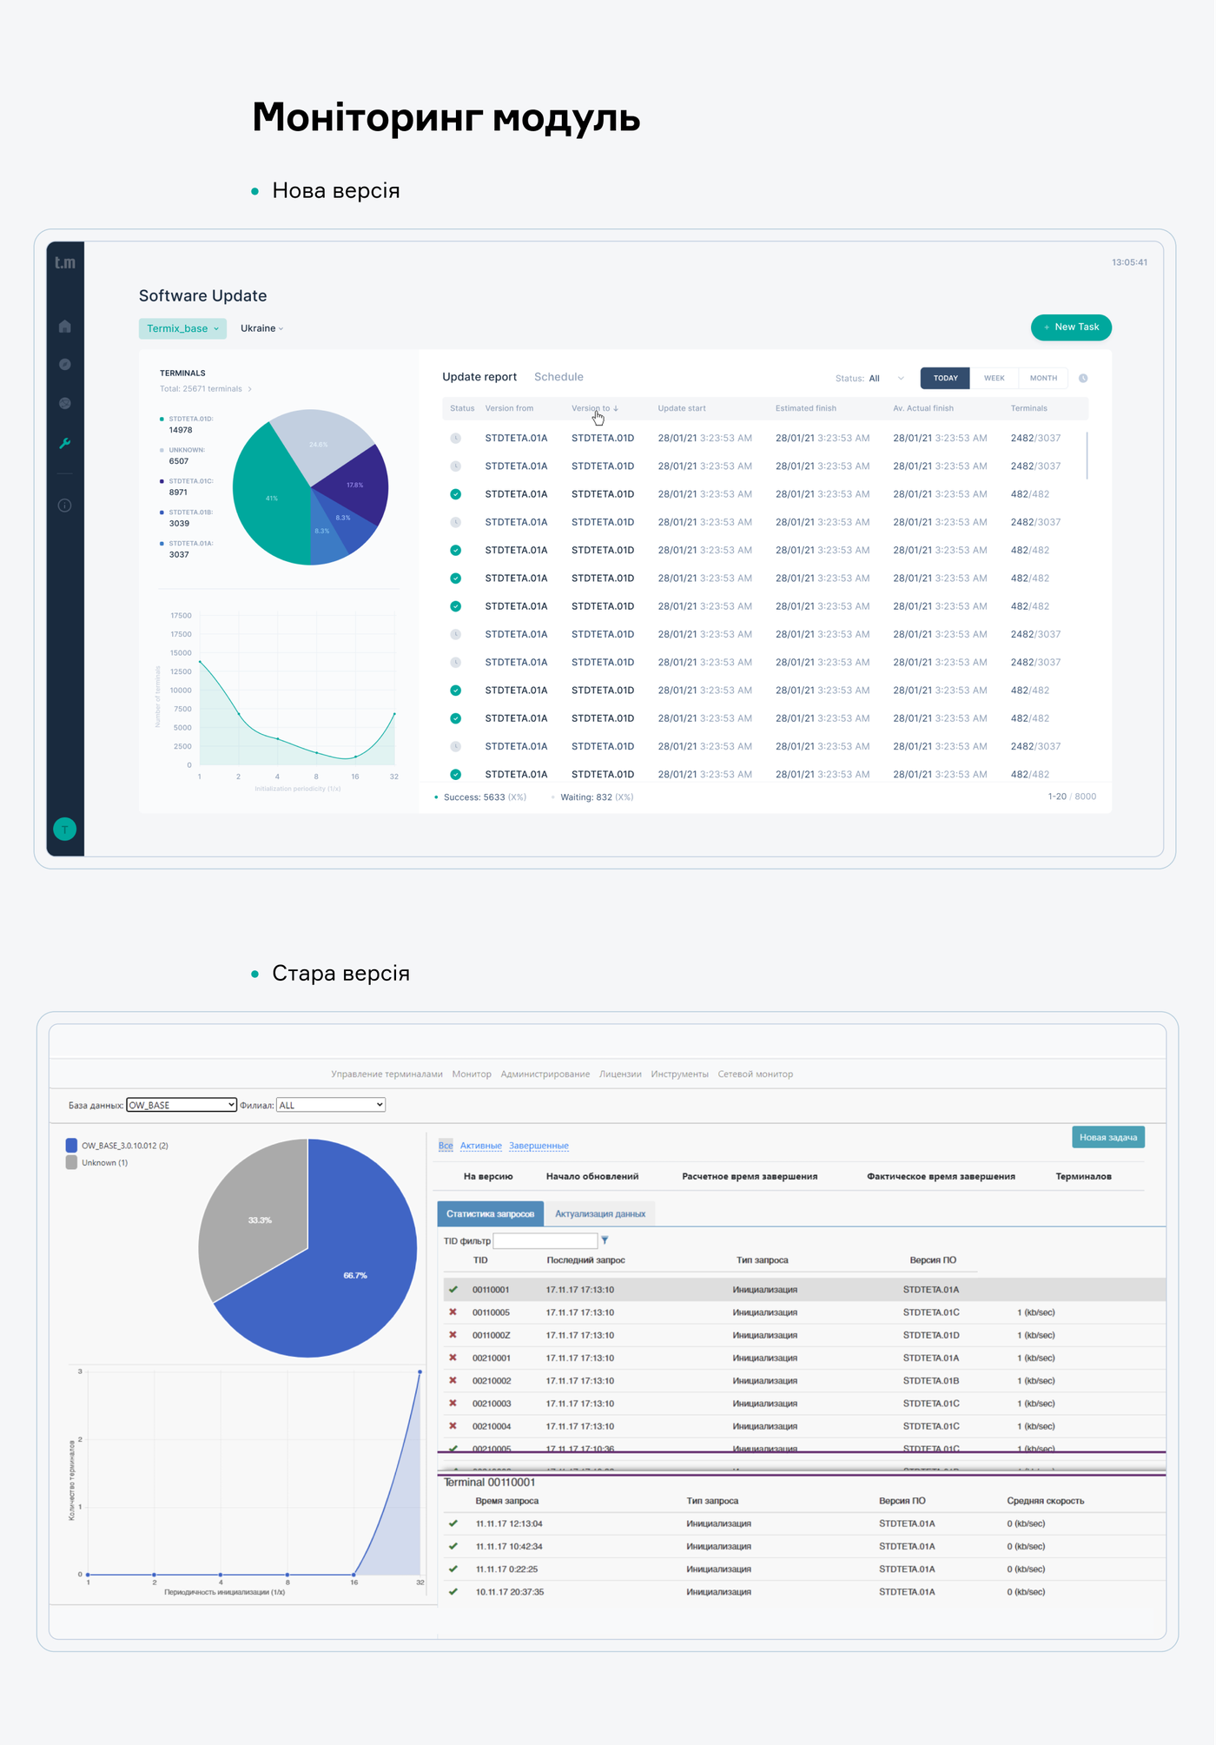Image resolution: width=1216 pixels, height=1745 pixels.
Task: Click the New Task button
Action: click(x=1071, y=327)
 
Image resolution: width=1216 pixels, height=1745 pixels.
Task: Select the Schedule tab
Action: click(x=558, y=377)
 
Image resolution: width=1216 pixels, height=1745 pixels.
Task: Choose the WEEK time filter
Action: click(x=994, y=378)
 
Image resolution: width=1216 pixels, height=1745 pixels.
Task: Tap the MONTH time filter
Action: click(x=1043, y=378)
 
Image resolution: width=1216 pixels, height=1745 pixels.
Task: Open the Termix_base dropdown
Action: click(x=182, y=328)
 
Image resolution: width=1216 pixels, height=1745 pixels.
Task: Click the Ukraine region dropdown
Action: click(x=261, y=328)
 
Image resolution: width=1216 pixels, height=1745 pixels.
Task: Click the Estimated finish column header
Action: click(x=805, y=408)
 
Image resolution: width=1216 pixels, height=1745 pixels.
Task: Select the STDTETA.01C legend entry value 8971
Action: click(x=178, y=492)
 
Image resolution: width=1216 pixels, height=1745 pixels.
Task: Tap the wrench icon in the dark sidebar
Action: click(x=65, y=443)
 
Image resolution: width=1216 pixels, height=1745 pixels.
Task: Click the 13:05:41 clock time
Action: click(x=1129, y=262)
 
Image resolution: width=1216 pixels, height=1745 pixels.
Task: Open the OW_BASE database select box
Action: click(x=182, y=1105)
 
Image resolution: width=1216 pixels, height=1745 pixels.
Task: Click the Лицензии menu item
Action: click(x=620, y=1074)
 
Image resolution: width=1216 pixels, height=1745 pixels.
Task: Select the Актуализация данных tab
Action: click(x=600, y=1213)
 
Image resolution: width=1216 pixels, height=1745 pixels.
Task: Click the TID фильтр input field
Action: click(x=545, y=1240)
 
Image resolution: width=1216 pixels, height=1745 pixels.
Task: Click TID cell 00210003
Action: click(x=492, y=1404)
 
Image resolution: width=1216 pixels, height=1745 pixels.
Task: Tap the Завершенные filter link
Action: click(x=539, y=1146)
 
